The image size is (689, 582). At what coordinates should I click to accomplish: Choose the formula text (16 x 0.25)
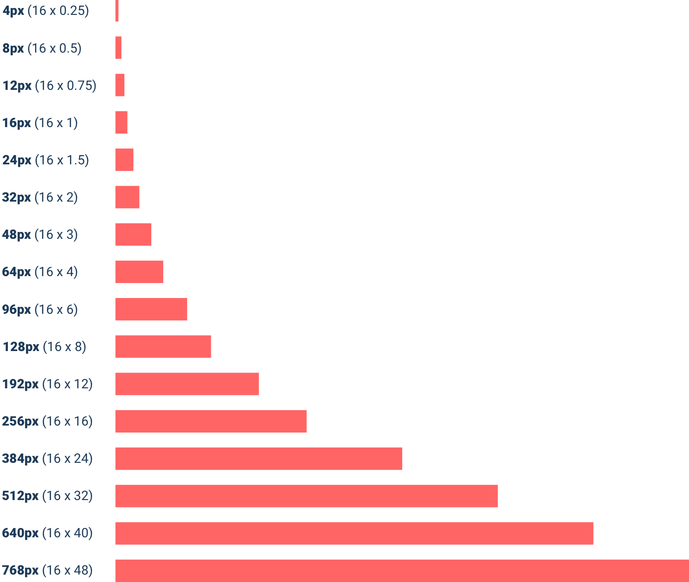point(58,11)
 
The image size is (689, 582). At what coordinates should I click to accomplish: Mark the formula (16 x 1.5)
point(62,160)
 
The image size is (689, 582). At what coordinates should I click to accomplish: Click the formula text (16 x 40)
point(68,533)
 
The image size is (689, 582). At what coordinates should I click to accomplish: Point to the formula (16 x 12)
point(68,384)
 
